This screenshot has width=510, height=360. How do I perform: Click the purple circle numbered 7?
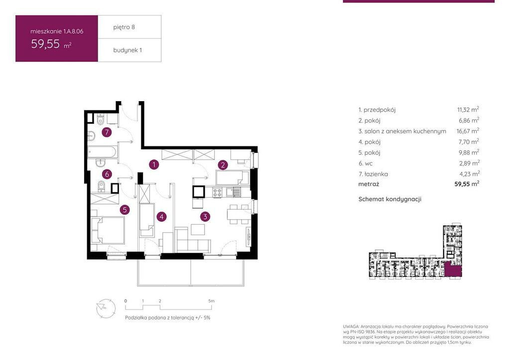pos(107,132)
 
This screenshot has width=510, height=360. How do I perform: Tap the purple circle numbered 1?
pos(154,164)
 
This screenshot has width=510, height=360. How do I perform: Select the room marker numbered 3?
pos(205,216)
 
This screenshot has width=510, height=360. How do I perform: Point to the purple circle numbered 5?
pos(125,210)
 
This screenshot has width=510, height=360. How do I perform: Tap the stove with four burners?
pos(217,193)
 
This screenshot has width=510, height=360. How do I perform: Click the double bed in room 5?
pos(108,230)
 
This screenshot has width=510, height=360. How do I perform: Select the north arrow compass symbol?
pos(106,308)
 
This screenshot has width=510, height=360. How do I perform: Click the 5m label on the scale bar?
pos(211,301)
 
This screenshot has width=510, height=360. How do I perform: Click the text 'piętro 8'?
pos(124,27)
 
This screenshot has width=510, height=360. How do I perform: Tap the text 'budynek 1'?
pos(127,50)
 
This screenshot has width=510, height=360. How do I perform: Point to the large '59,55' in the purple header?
pos(45,44)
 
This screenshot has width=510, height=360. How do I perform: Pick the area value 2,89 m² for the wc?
pos(469,163)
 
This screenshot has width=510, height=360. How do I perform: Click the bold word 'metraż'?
pos(369,184)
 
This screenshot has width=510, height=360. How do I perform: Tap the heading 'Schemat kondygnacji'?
pos(389,199)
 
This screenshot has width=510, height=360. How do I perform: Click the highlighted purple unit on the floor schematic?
pos(453,270)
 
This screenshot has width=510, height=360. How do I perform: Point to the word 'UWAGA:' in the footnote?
pos(351,326)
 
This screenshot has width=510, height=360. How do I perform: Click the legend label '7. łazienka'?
pos(373,174)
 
